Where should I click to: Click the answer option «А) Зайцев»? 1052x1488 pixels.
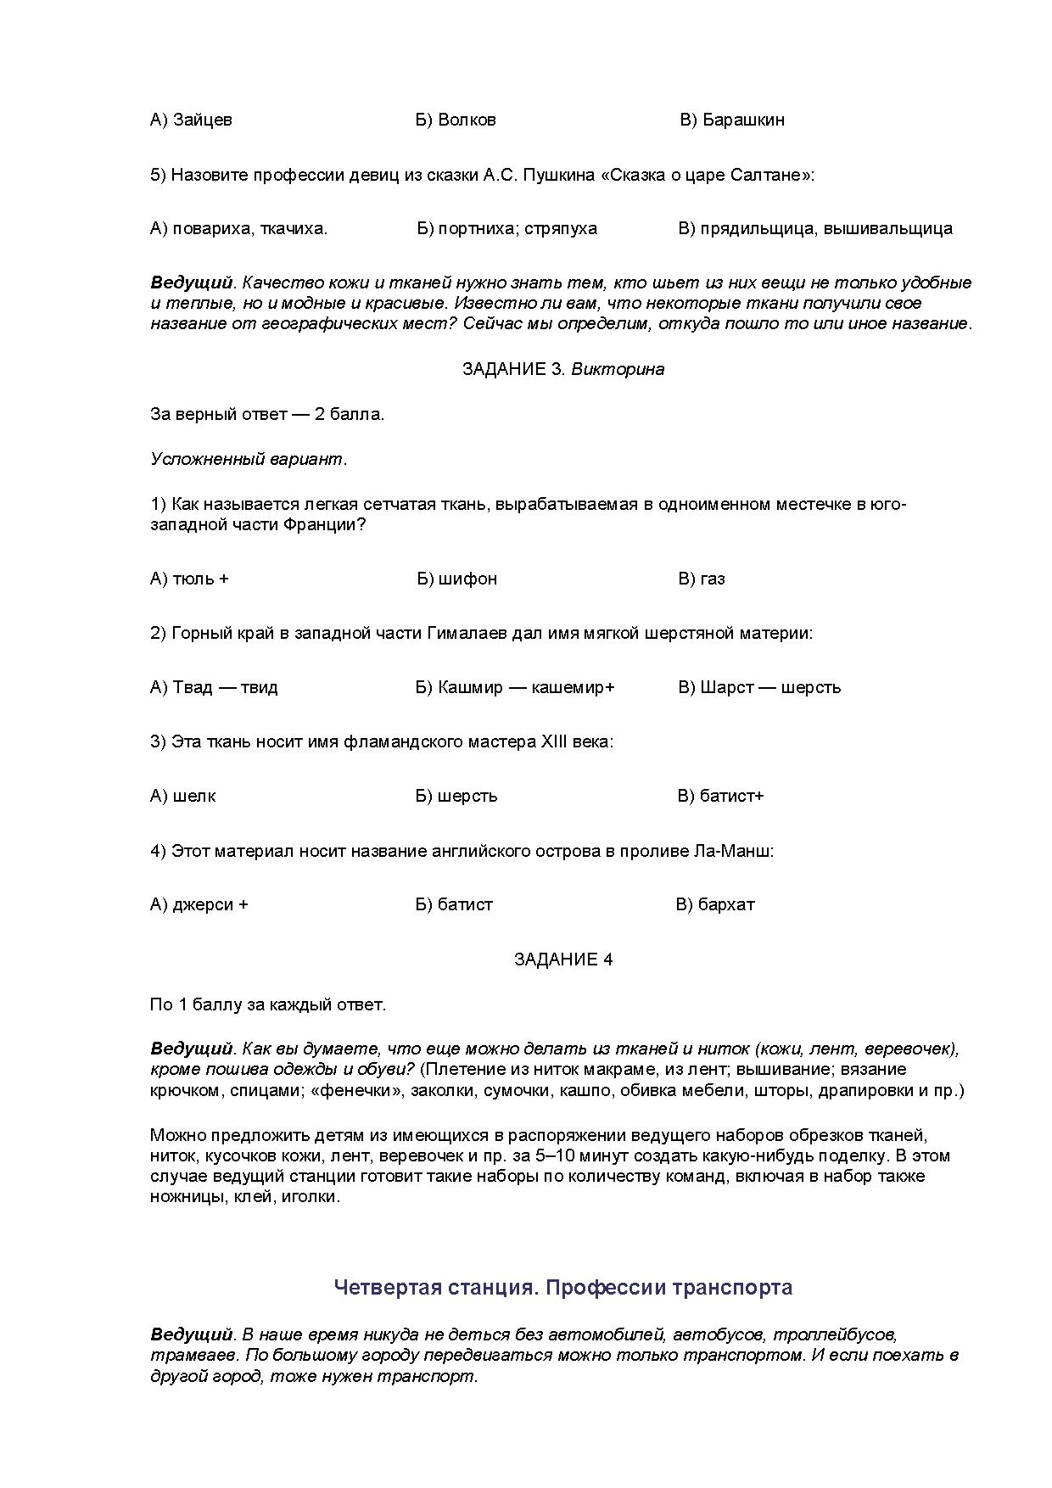pos(191,120)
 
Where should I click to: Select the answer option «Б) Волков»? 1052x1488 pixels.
pos(456,120)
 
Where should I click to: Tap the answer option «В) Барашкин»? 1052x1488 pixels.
pos(732,120)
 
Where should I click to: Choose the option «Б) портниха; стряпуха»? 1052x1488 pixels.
pos(507,228)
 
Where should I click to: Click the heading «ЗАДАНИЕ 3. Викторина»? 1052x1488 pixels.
pos(563,369)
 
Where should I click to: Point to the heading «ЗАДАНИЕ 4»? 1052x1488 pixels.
pos(563,959)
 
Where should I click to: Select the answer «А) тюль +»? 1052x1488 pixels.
pos(189,579)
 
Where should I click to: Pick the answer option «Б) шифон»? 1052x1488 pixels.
pos(456,579)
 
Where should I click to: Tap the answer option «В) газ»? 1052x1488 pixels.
pos(702,579)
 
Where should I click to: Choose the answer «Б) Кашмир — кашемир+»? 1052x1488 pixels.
pos(515,687)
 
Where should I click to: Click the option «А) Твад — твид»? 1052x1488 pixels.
pos(214,687)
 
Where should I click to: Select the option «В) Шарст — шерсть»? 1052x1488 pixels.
pos(759,687)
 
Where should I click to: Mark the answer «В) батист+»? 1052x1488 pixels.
pos(720,796)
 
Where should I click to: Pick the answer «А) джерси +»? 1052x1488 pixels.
pos(199,904)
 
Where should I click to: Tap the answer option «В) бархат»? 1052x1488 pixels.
pos(715,904)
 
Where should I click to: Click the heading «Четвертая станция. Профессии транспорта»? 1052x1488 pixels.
pos(563,1288)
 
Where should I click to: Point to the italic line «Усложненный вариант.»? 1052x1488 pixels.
pos(249,459)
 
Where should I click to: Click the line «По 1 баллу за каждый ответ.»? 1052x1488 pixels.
pos(268,1004)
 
